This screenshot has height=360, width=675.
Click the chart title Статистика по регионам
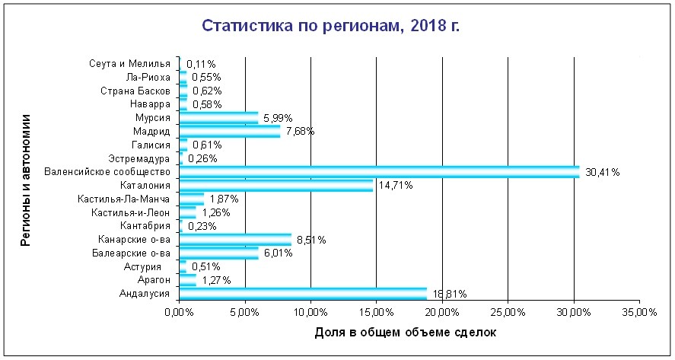(330, 27)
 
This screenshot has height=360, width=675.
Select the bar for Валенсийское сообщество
(379, 172)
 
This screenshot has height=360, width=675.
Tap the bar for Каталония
(276, 186)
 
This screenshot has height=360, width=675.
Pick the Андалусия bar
(303, 294)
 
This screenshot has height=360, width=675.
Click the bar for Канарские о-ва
(235, 240)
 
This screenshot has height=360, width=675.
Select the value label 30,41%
(602, 173)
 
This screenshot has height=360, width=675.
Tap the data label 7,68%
(300, 132)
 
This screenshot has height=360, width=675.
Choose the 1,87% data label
(224, 199)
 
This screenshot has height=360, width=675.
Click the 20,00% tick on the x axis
(442, 312)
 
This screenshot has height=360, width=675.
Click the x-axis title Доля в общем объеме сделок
(405, 333)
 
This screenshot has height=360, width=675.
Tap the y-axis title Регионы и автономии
(25, 180)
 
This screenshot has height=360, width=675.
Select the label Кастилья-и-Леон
(130, 212)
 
